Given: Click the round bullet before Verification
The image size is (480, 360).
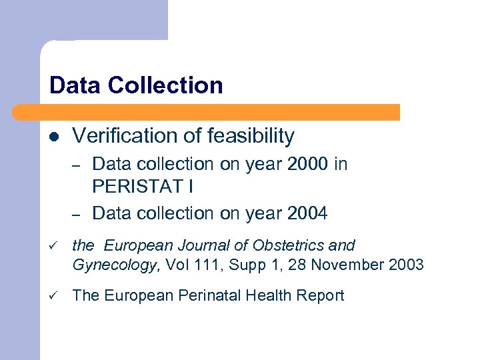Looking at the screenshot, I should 54,137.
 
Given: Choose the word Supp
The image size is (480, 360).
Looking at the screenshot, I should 244,265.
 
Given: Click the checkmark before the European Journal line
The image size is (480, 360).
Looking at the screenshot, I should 53,246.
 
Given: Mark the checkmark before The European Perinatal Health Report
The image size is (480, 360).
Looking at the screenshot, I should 53,295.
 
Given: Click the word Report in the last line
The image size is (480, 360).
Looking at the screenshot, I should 323,295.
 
